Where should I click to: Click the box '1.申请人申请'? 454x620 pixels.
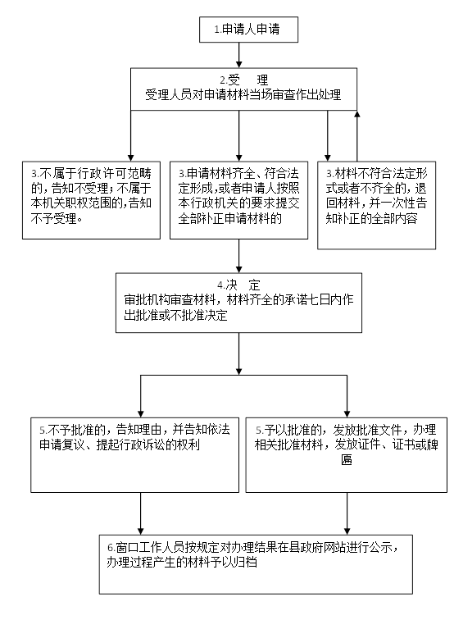[x=248, y=30]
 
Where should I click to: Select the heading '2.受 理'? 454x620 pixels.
[x=243, y=80]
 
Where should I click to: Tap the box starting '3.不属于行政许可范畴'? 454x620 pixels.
[x=91, y=200]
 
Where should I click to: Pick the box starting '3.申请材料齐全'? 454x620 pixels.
[x=238, y=200]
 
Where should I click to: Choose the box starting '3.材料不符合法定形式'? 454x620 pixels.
[x=376, y=205]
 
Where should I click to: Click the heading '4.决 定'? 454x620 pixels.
[x=238, y=285]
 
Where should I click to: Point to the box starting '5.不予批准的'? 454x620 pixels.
[x=134, y=454]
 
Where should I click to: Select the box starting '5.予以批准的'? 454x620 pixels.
[x=347, y=454]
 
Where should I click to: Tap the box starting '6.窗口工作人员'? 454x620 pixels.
[x=256, y=564]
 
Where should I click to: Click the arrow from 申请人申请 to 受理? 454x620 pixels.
[x=238, y=55]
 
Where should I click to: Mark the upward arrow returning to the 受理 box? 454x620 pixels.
[x=356, y=135]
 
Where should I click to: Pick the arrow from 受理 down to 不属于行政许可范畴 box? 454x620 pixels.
[x=131, y=135]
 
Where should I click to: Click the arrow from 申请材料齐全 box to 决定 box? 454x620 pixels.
[x=238, y=256]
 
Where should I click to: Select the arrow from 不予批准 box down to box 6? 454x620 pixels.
[x=140, y=513]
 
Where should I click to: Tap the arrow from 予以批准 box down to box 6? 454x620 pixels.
[x=347, y=513]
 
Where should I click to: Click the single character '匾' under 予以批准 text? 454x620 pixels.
[x=347, y=460]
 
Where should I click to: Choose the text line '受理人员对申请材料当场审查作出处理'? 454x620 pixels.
[x=243, y=95]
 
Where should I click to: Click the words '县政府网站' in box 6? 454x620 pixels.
[x=317, y=548]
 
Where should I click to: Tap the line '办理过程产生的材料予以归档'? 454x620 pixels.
[x=182, y=563]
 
